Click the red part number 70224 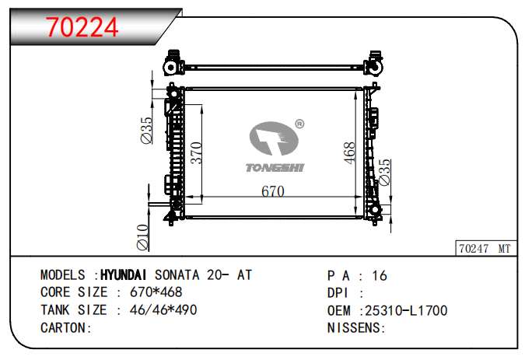point(82,27)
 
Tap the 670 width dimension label point(273,191)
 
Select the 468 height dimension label point(349,153)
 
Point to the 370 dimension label point(196,153)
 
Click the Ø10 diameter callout point(143,237)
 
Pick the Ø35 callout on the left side point(146,131)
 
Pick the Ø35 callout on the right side point(384,173)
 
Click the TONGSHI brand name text point(275,168)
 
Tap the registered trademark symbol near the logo point(299,124)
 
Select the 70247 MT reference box point(485,248)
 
